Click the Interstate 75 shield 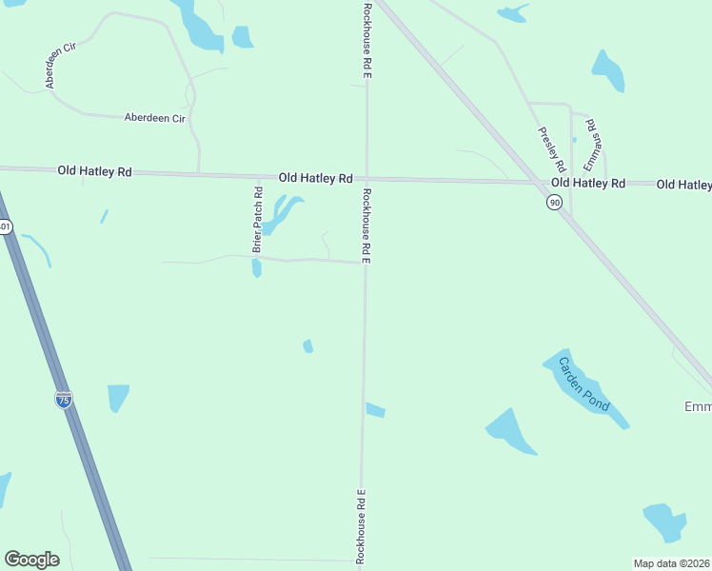point(63,400)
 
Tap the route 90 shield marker point(554,202)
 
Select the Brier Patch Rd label point(257,220)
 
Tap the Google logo point(31,560)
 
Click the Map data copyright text point(672,563)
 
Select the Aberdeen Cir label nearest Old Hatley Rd point(154,118)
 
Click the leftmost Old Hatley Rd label point(94,171)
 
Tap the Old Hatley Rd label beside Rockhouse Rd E point(316,178)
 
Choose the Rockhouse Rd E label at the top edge point(366,39)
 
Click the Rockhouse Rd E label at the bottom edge point(362,527)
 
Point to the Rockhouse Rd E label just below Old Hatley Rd point(366,226)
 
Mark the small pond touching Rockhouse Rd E point(375,410)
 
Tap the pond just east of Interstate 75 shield point(117,396)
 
